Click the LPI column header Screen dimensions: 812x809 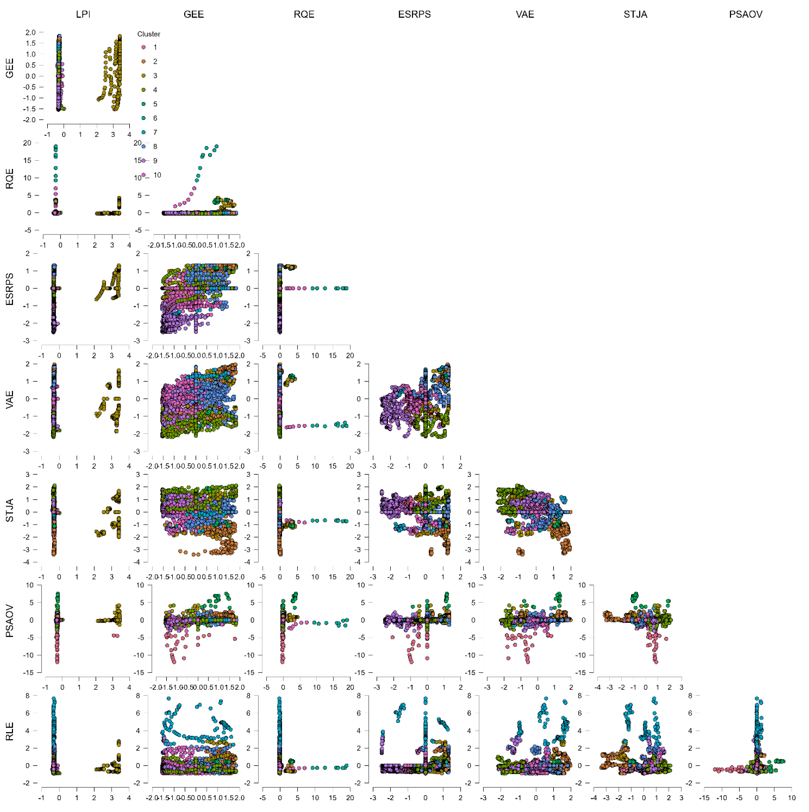coord(83,14)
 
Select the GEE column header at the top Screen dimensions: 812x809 coord(194,14)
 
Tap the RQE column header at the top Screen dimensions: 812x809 coord(304,14)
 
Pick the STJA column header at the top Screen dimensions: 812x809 coord(635,14)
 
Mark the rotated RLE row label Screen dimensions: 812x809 coord(10,731)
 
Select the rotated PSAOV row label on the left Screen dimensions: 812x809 coord(10,621)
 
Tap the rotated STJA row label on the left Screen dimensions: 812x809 coord(10,510)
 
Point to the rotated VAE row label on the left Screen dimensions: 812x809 coord(10,400)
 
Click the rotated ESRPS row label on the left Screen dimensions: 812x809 coord(10,289)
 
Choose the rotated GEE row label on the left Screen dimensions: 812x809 coord(10,68)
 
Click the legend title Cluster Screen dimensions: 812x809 coord(149,34)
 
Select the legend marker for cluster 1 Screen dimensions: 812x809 coord(143,47)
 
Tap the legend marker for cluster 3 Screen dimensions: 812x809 coord(143,76)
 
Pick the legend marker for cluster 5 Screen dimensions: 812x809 coord(143,104)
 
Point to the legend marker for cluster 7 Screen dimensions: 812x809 coord(143,132)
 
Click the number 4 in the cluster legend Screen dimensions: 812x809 coord(155,90)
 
